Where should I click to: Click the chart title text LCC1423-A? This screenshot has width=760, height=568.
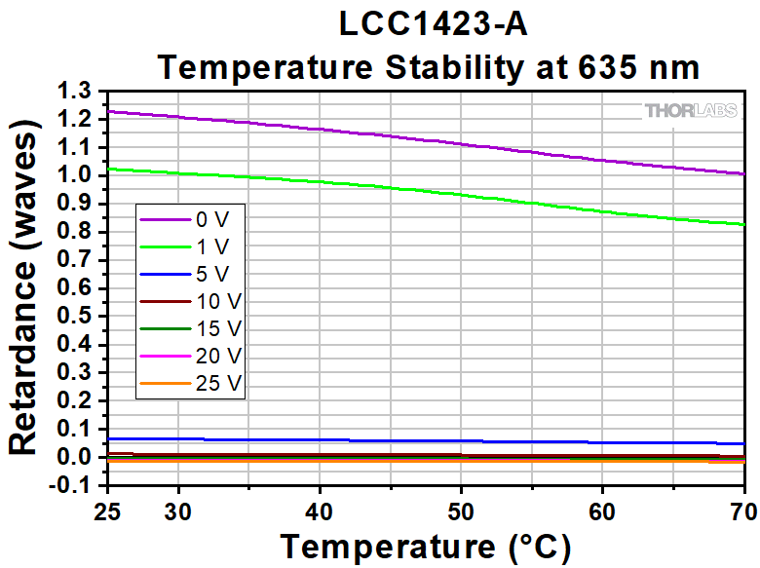[433, 24]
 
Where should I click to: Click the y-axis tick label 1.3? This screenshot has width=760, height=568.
[75, 91]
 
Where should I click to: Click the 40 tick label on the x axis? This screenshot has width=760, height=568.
[320, 511]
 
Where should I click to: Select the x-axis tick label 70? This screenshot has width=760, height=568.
[742, 511]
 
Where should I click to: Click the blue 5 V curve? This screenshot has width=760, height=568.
[390, 440]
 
